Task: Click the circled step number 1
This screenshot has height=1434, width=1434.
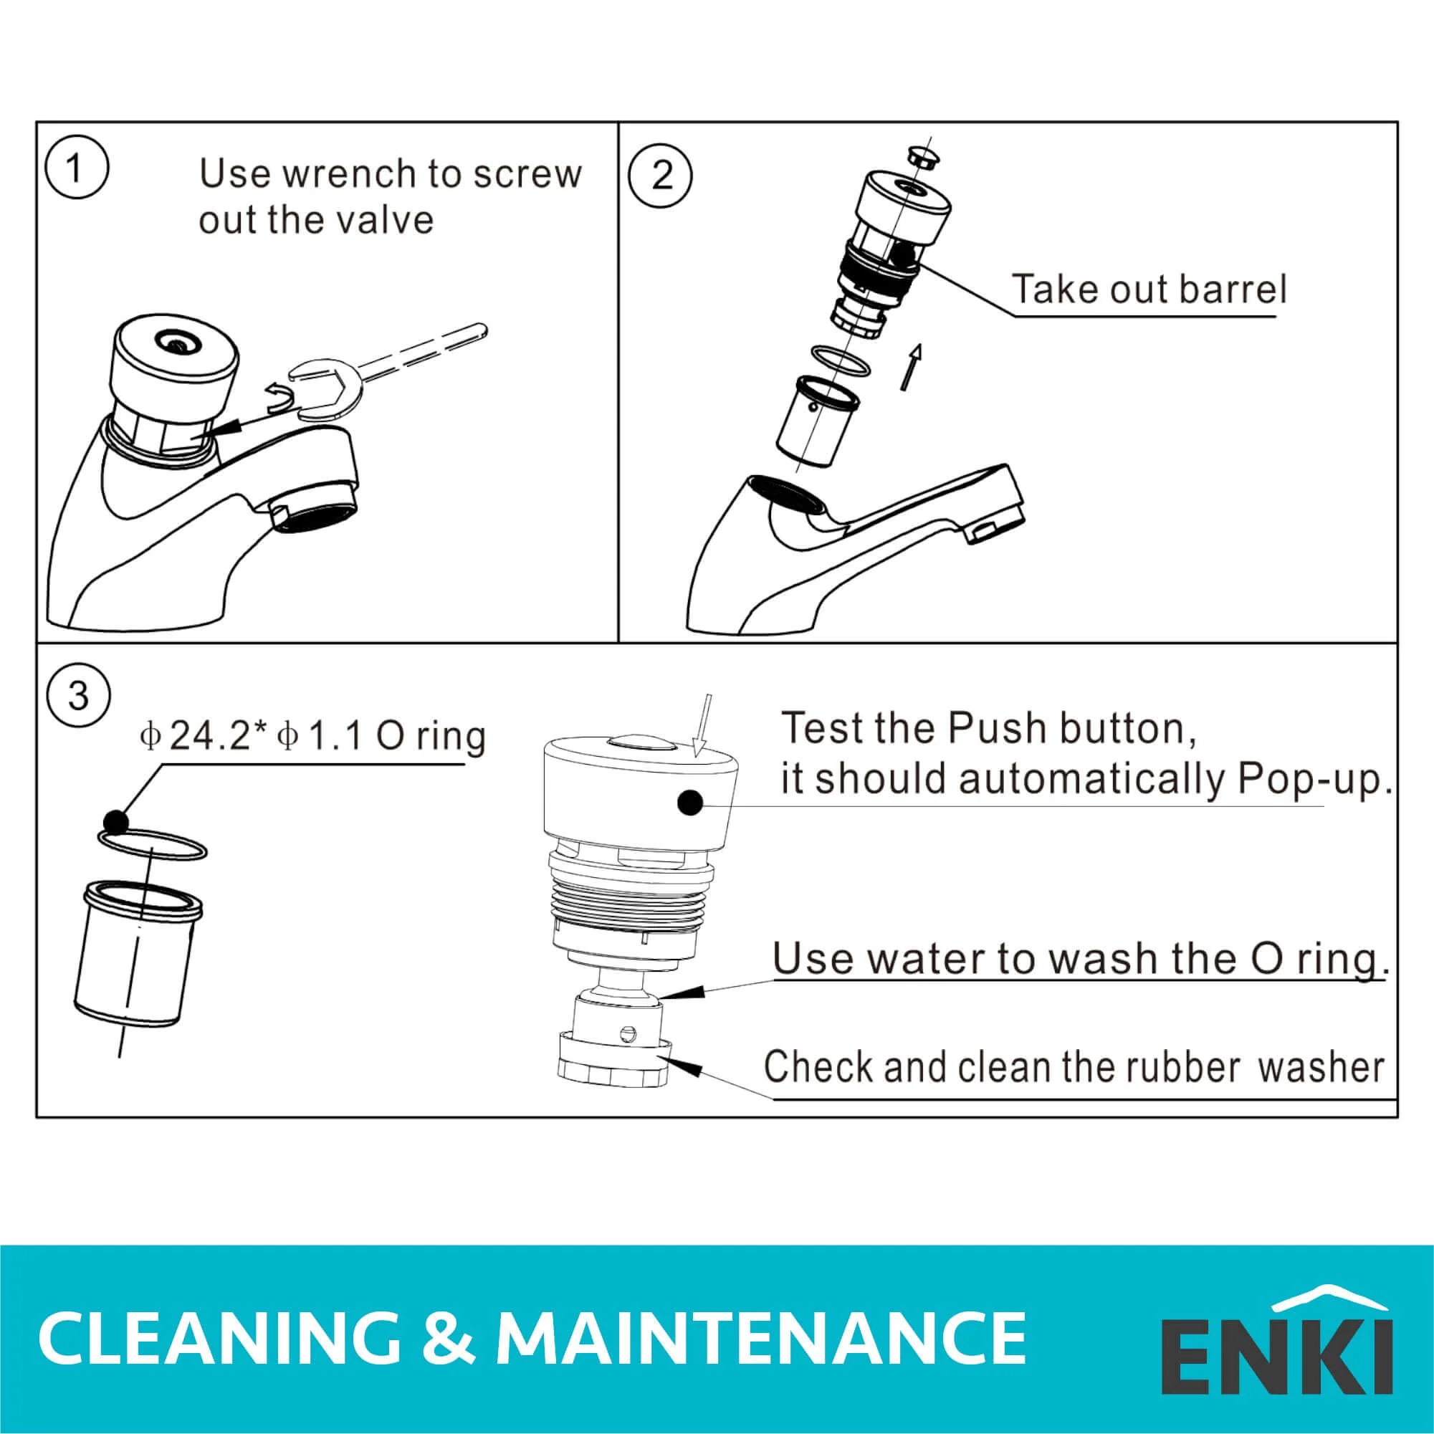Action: coord(77,170)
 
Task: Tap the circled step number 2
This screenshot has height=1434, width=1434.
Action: coord(661,176)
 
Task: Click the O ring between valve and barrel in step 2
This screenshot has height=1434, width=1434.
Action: coord(841,358)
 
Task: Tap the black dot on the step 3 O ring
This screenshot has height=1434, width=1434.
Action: coord(116,822)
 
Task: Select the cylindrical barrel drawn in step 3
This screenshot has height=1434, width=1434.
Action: coord(138,954)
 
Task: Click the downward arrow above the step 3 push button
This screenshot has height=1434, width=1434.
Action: coord(702,726)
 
